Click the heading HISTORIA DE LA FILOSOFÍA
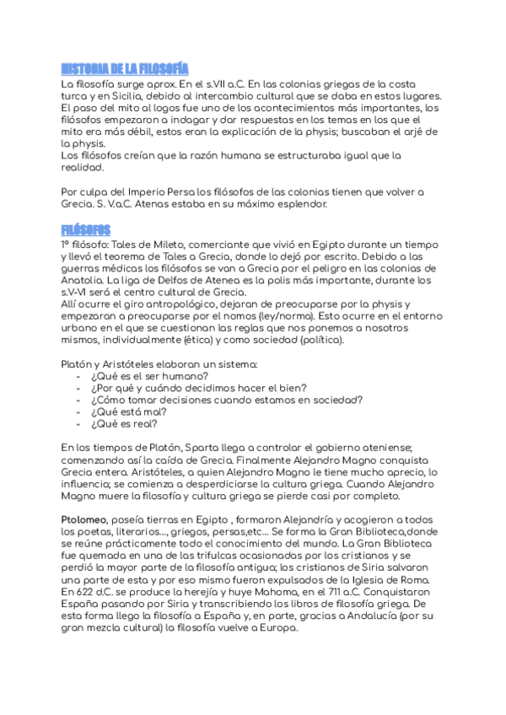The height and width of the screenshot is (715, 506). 124,68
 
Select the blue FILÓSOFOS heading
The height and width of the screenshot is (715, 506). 86,229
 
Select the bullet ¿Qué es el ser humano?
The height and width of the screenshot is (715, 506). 148,375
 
